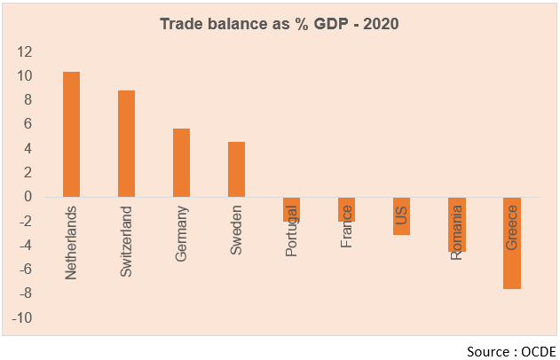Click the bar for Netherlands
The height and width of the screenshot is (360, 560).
click(71, 134)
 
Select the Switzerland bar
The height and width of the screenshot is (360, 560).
click(126, 144)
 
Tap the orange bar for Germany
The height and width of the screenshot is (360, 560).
click(181, 163)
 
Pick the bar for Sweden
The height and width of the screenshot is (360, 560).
click(236, 169)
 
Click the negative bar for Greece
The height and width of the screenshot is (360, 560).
click(512, 243)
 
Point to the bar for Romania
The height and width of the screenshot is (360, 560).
click(457, 224)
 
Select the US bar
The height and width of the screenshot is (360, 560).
click(402, 215)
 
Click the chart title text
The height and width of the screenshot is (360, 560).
click(280, 24)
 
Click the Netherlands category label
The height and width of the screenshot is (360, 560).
click(72, 243)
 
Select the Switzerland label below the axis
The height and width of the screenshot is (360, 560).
click(126, 243)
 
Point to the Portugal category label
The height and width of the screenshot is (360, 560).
click(291, 231)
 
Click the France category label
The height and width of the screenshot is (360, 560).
click(346, 226)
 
